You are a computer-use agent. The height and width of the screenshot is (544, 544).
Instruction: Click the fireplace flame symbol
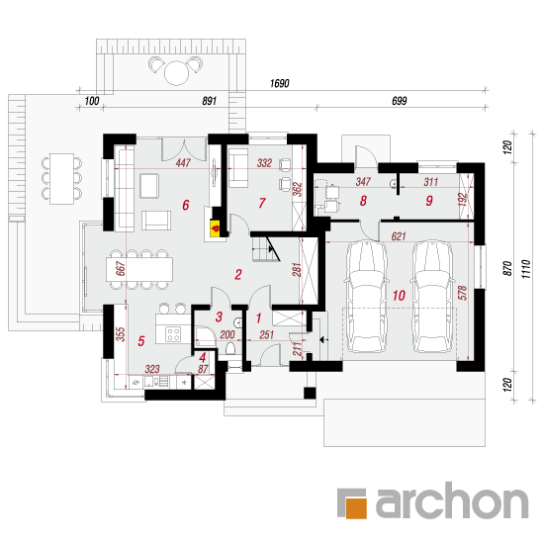click(x=216, y=228)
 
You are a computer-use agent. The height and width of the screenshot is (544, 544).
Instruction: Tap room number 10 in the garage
click(x=399, y=296)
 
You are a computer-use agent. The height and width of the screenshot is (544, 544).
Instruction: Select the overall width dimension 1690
click(x=279, y=84)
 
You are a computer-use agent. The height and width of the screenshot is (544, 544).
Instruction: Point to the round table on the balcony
click(x=176, y=73)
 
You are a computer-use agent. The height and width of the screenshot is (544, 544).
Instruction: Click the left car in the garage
click(x=366, y=297)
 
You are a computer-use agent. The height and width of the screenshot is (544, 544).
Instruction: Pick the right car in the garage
click(x=431, y=297)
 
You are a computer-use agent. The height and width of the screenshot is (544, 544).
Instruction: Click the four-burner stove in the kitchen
click(x=173, y=334)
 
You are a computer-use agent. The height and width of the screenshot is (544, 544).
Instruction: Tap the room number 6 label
click(x=186, y=205)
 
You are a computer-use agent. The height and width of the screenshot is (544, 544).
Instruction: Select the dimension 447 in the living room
click(x=183, y=163)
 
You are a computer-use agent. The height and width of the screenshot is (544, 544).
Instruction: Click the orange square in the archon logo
click(x=356, y=508)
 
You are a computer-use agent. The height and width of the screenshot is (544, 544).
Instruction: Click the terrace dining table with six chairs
click(x=61, y=179)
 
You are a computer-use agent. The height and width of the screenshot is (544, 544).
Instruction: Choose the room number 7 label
click(x=262, y=203)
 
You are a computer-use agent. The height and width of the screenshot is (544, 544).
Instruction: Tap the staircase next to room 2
click(x=266, y=248)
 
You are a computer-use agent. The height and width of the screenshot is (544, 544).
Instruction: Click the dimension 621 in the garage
click(x=399, y=236)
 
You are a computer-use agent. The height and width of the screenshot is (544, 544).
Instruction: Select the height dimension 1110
click(x=526, y=269)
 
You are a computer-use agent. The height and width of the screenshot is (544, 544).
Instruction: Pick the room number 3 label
click(x=219, y=317)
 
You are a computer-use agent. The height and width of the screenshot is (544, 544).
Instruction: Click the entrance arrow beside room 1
click(x=323, y=340)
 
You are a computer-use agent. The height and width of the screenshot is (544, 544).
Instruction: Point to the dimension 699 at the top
click(x=399, y=101)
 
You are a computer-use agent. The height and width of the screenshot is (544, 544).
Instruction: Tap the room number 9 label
click(x=429, y=201)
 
